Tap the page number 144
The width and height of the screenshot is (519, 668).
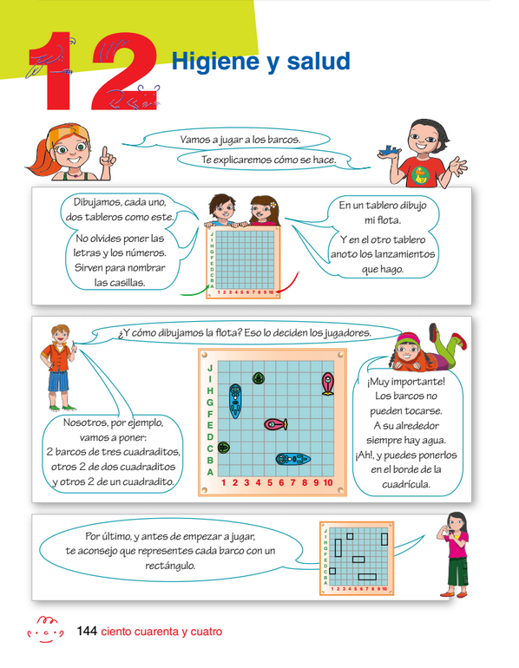(87, 631)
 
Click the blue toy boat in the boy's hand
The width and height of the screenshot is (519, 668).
(390, 150)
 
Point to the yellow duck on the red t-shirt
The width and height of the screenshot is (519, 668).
(420, 175)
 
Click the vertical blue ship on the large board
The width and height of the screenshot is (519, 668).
(235, 400)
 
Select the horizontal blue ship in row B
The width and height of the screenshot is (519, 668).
(292, 459)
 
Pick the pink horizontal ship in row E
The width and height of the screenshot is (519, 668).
(276, 424)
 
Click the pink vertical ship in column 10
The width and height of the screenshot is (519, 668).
(328, 383)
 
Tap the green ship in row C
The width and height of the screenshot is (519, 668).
(224, 448)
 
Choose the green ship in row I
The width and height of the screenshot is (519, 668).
(259, 378)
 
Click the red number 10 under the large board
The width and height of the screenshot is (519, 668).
(328, 482)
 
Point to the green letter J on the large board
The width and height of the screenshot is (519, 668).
(210, 368)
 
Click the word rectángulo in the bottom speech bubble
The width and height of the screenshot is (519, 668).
(170, 566)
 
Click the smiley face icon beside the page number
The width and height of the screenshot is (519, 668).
(45, 629)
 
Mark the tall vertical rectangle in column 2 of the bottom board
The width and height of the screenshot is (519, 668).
(338, 548)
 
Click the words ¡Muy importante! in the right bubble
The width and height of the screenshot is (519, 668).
(406, 382)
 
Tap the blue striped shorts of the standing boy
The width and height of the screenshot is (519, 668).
(58, 381)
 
